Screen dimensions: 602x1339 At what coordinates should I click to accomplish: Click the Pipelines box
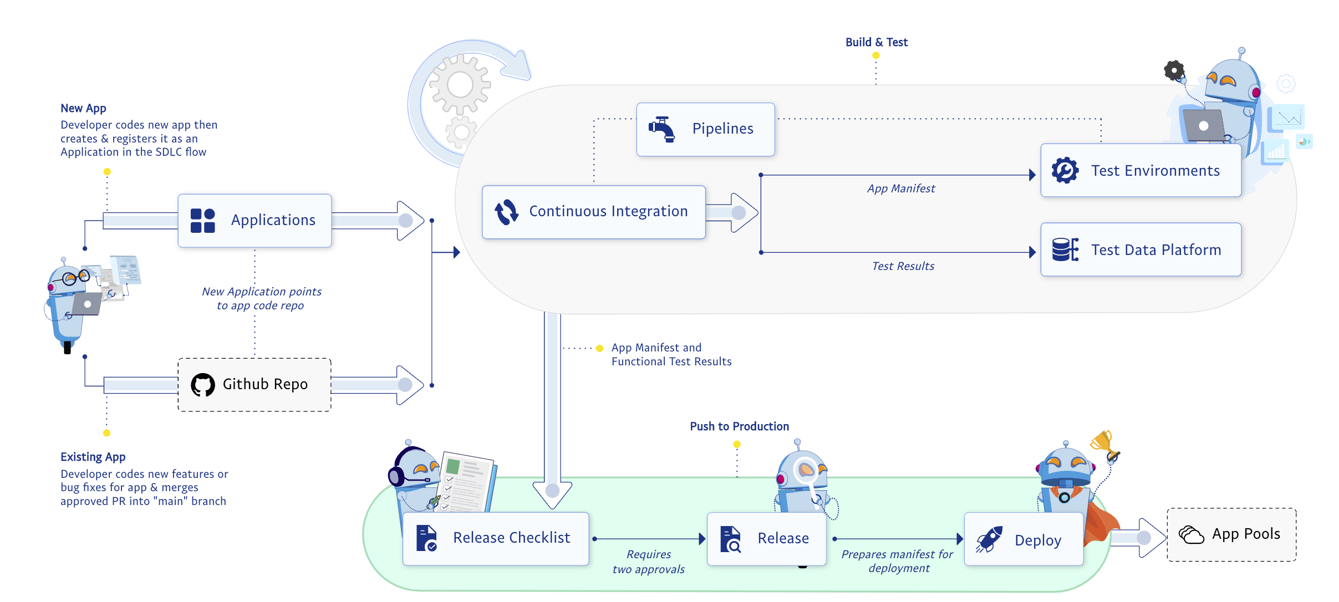click(x=705, y=129)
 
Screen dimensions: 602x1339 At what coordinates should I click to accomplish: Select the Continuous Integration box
click(x=593, y=212)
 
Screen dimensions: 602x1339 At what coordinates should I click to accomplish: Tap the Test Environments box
click(x=1141, y=171)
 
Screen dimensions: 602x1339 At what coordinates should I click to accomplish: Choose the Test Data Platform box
click(x=1141, y=250)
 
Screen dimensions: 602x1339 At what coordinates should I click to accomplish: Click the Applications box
click(x=254, y=221)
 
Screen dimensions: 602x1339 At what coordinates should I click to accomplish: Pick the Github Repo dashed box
click(x=254, y=385)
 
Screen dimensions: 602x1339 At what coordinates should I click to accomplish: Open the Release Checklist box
click(x=496, y=538)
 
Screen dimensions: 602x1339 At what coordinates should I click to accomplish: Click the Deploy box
click(x=1024, y=539)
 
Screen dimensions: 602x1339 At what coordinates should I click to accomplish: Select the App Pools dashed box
click(x=1231, y=535)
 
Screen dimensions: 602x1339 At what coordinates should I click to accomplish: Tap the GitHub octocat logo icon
click(x=203, y=385)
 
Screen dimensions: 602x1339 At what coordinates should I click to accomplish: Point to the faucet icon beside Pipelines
click(x=662, y=129)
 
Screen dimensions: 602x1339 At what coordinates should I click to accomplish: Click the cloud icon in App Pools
click(x=1191, y=535)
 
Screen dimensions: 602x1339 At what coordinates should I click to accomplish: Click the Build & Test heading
click(x=876, y=42)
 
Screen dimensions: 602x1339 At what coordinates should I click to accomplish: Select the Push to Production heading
click(x=739, y=426)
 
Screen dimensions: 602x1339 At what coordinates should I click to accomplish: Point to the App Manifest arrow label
click(x=901, y=189)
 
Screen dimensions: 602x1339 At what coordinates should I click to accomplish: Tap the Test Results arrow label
click(x=903, y=267)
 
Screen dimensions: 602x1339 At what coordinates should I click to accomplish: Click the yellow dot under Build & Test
click(x=876, y=55)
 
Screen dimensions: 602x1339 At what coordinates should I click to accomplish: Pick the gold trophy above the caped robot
click(x=1102, y=442)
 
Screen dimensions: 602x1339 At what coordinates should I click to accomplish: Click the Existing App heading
click(x=93, y=457)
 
